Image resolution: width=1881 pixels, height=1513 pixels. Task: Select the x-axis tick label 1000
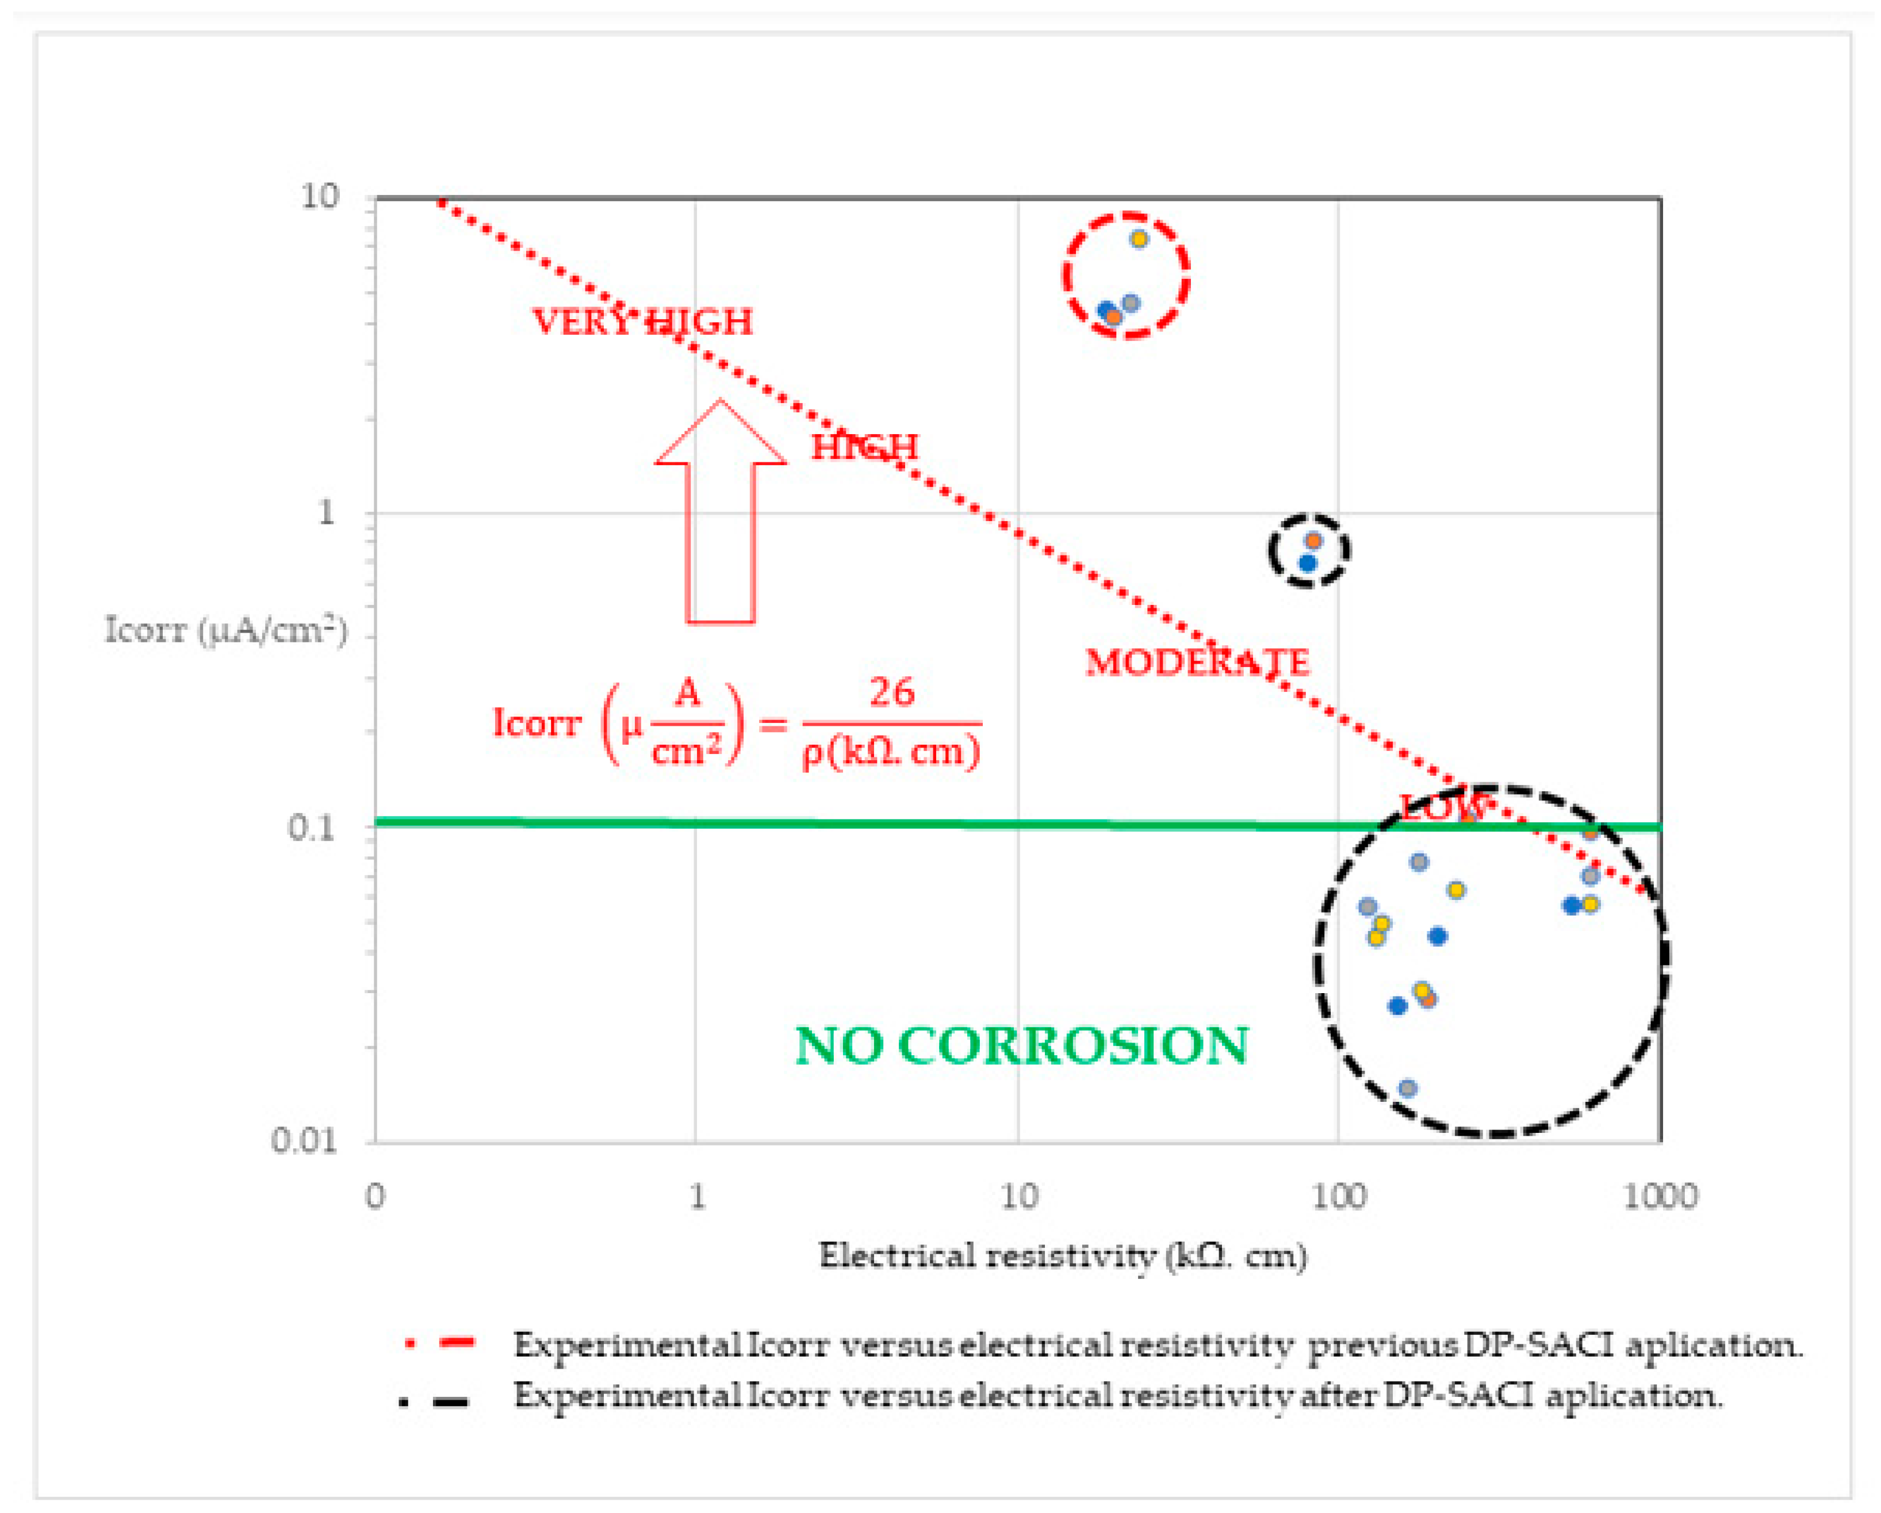(x=1660, y=1196)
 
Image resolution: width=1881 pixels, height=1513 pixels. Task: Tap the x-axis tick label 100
(x=1338, y=1196)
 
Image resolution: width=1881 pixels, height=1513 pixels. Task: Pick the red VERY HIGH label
(x=642, y=322)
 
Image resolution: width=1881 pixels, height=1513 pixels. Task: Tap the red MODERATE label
(x=1197, y=662)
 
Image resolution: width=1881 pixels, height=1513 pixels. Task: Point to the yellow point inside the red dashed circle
(x=1139, y=239)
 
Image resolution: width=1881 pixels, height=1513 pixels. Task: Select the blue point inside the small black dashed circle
(x=1307, y=564)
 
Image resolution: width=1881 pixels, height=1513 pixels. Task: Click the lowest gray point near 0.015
(x=1407, y=1088)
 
